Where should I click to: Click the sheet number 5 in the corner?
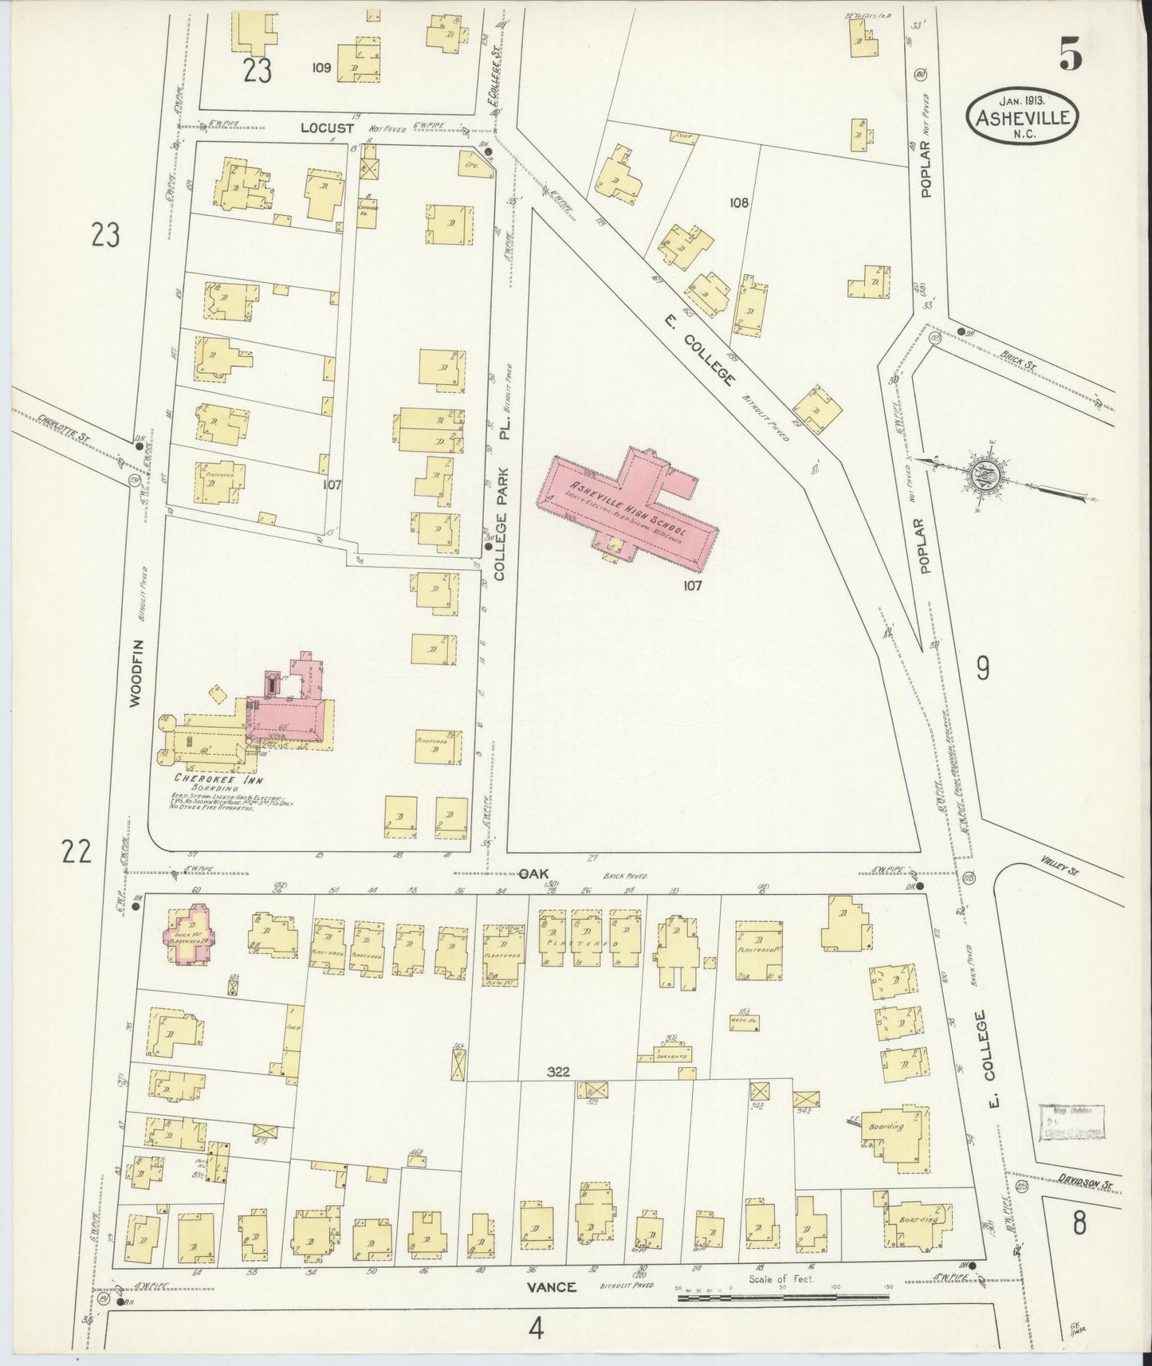[1069, 56]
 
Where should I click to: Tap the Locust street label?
[322, 127]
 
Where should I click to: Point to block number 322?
[559, 1072]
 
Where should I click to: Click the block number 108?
[738, 202]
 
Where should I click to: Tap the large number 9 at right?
[982, 668]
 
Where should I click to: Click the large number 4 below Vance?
[537, 1329]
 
